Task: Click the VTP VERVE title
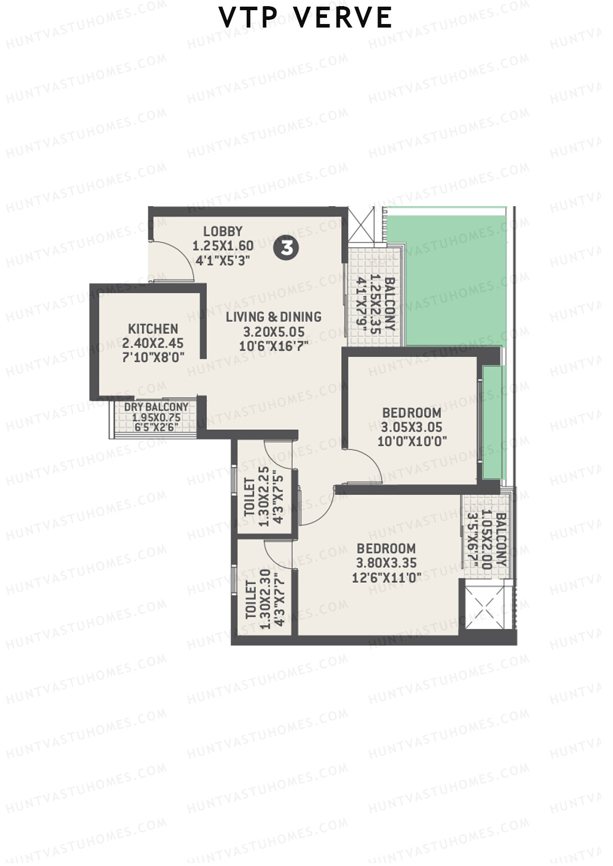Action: (x=305, y=18)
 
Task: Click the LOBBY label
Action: (x=223, y=231)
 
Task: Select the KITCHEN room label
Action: (x=153, y=329)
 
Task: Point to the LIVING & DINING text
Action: (x=274, y=317)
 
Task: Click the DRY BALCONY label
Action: (x=156, y=407)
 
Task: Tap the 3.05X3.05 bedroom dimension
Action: (x=412, y=427)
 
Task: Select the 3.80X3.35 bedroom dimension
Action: (x=387, y=563)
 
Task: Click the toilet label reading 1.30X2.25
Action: (x=264, y=497)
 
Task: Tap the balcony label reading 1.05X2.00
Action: (x=487, y=540)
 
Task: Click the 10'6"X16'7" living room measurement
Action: (x=274, y=347)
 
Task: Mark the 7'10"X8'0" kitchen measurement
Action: (x=153, y=357)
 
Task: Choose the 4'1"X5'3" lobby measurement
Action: (x=223, y=261)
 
